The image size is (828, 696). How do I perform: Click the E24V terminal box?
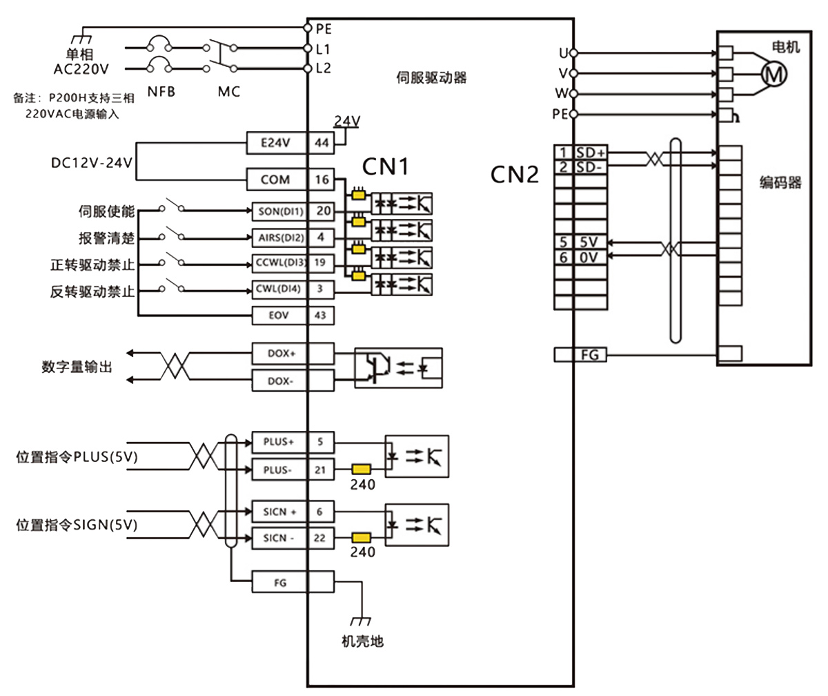tap(277, 143)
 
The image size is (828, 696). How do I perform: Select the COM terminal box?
tap(277, 180)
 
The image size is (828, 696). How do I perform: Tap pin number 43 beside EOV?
tap(322, 316)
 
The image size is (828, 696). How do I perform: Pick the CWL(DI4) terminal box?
tap(277, 289)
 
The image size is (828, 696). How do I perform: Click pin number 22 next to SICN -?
tap(322, 538)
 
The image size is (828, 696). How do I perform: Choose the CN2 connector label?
tap(514, 175)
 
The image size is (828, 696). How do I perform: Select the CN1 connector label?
tap(386, 166)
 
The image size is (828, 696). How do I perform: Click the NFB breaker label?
tap(161, 91)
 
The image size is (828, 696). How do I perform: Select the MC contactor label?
tap(228, 91)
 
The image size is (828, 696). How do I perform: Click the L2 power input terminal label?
tap(323, 68)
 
